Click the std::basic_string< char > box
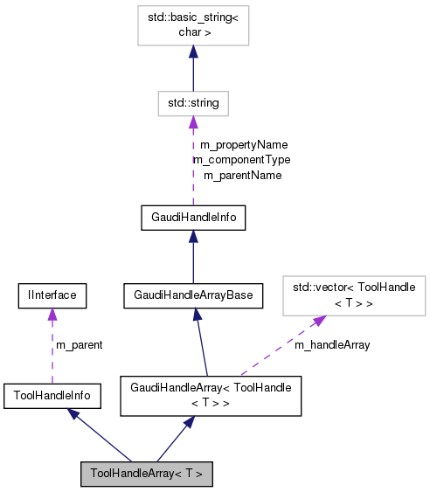tap(193, 25)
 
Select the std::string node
tap(193, 103)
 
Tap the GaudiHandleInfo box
tap(193, 218)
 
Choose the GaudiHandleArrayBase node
tap(193, 295)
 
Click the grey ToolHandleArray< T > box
tap(146, 474)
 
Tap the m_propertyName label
tap(243, 145)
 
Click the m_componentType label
tap(241, 160)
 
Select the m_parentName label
tap(242, 175)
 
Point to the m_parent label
tap(79, 345)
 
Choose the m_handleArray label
tap(331, 345)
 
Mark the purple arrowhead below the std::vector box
tap(319, 321)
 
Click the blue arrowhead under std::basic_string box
tap(193, 53)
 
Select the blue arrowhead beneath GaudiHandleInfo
tap(193, 238)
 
